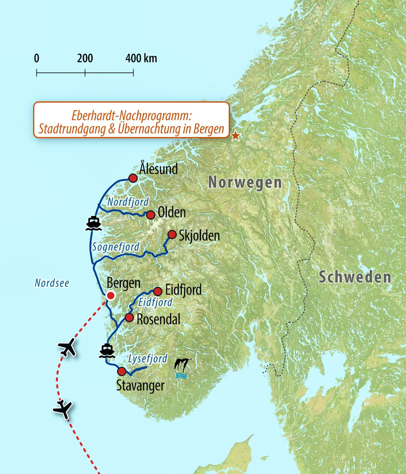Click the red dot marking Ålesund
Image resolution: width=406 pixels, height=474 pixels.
[x=133, y=178]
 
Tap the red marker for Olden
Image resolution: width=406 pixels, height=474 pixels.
[x=151, y=215]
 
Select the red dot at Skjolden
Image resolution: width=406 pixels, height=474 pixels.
[x=172, y=234]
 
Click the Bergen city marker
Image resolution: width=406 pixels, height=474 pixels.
[x=110, y=296]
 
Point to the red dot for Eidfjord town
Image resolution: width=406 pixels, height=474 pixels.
[x=158, y=291]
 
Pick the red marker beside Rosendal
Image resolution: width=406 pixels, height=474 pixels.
[x=129, y=318]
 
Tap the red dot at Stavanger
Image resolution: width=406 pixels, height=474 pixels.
[x=121, y=371]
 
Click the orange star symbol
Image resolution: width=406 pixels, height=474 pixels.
[x=235, y=136]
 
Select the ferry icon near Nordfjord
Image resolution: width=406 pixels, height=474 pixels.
[x=93, y=223]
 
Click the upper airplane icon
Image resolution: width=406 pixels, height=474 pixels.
[x=67, y=348]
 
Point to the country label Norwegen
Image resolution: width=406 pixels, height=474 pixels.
[x=245, y=182]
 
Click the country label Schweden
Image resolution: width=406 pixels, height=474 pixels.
[x=354, y=277]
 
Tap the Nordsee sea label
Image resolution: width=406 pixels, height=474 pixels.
[x=52, y=283]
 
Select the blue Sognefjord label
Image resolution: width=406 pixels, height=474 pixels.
[x=116, y=247]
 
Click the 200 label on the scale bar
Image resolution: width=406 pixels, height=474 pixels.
[x=85, y=58]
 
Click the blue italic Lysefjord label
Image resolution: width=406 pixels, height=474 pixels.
[x=147, y=359]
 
